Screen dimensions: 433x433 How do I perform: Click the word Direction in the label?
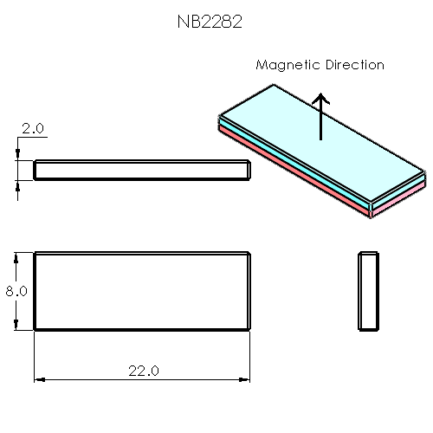(352, 65)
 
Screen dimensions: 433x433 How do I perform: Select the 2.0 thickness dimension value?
(33, 128)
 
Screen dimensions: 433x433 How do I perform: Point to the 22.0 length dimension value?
(143, 371)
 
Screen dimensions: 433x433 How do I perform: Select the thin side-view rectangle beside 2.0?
(142, 170)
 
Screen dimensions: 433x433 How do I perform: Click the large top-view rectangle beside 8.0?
(142, 291)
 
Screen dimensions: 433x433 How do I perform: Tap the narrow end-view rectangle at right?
(369, 291)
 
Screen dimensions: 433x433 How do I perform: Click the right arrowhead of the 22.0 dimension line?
(245, 378)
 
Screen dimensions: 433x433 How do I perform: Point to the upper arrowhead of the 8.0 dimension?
(16, 258)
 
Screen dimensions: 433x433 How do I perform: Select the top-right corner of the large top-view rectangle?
(250, 253)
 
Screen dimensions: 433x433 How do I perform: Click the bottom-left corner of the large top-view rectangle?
(35, 329)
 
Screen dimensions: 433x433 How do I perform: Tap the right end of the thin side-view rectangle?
(249, 170)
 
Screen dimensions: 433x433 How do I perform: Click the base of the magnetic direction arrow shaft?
(321, 139)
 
